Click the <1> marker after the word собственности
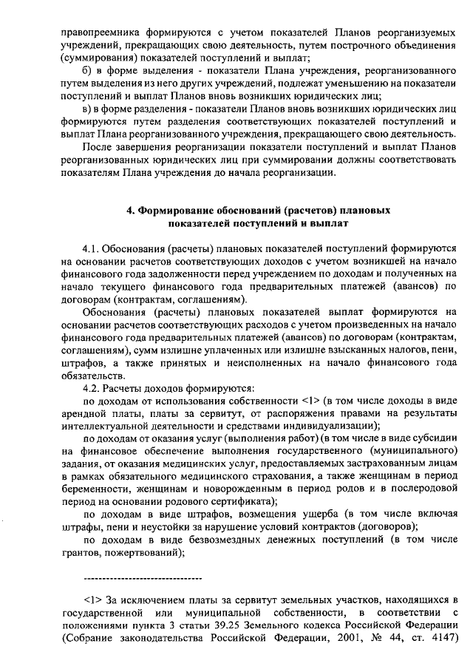pos(312,401)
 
